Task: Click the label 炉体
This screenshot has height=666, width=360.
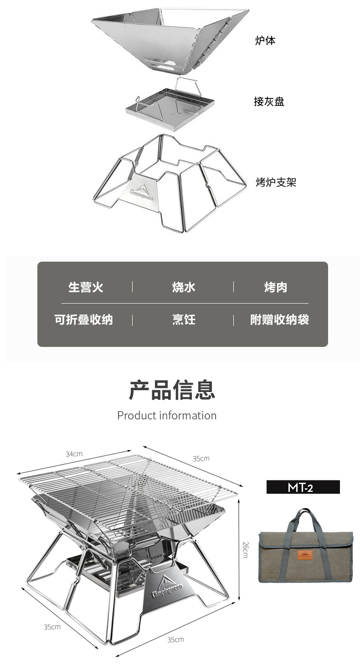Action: [265, 41]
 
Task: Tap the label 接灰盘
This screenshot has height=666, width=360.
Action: [269, 101]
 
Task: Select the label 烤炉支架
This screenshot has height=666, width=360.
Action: [276, 182]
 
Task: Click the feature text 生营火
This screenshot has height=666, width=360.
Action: [86, 287]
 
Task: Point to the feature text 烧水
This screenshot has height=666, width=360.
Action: [184, 287]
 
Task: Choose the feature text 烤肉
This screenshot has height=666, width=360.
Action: [276, 287]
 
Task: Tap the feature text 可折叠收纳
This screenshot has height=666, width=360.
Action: [83, 320]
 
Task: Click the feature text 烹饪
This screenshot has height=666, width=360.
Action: [184, 320]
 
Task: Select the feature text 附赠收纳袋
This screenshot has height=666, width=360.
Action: [279, 320]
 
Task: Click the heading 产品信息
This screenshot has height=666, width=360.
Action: [172, 390]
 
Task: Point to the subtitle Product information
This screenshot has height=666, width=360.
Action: [167, 415]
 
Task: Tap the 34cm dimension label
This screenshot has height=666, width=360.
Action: [74, 454]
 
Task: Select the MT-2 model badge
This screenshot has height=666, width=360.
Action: [303, 487]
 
